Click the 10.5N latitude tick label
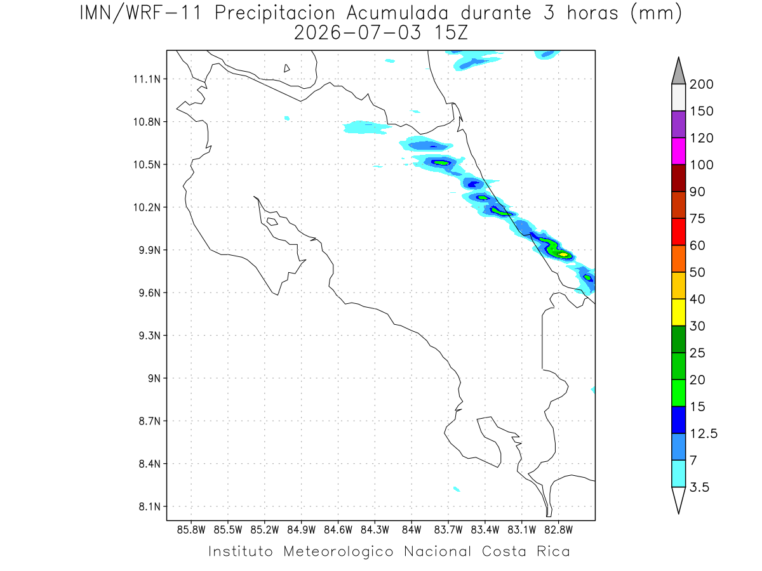pos(147,165)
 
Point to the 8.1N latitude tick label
pos(150,507)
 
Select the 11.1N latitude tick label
pos(147,79)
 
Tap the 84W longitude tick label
pos(411,530)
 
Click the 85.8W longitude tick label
pos(191,530)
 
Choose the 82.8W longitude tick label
pos(558,530)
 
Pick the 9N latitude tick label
pos(154,378)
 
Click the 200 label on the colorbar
pos(701,84)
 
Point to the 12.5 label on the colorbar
pos(704,434)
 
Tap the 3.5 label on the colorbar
pos(699,487)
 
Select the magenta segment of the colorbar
pos(678,151)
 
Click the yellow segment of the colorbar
pos(678,312)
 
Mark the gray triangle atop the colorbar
pos(678,71)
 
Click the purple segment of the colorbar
pos(678,124)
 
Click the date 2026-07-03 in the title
pos(358,33)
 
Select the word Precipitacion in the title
pos(275,14)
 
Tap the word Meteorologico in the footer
pos(338,551)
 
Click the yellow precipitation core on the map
pos(563,254)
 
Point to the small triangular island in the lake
pos(286,68)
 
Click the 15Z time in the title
pos(451,33)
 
